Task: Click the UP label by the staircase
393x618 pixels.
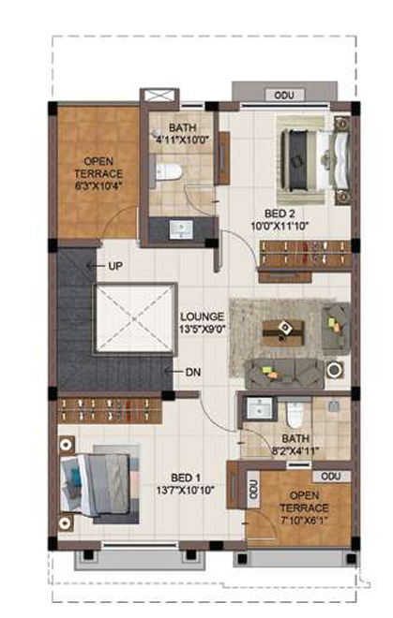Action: tap(115, 266)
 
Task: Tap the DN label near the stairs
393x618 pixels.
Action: tap(193, 372)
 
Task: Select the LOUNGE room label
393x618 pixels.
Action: tap(201, 316)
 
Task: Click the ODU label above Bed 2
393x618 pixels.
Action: tap(283, 96)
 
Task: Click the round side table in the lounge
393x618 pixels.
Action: tap(335, 372)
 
